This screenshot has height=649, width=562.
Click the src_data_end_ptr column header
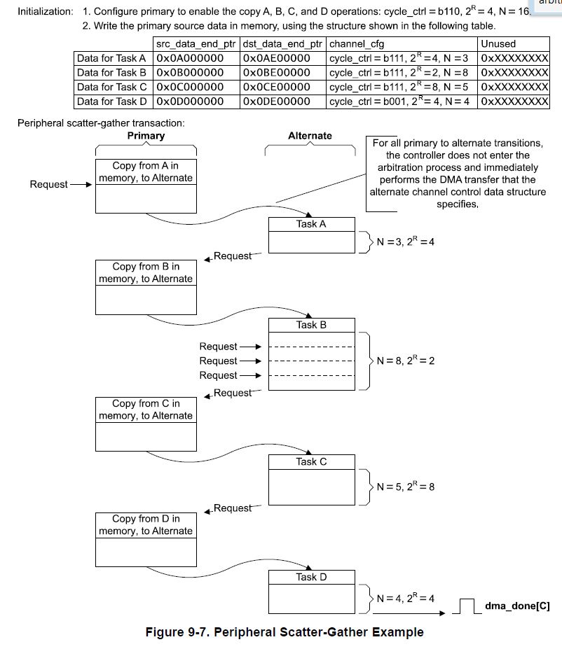(x=196, y=44)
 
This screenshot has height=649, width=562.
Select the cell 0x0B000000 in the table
(x=191, y=72)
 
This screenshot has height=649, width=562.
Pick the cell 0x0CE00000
(x=277, y=87)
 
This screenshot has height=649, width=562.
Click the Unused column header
(x=498, y=44)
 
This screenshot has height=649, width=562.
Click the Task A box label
(x=311, y=224)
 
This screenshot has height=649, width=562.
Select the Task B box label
(x=311, y=325)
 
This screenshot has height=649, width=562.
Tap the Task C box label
(x=311, y=461)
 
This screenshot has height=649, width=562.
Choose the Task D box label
(x=311, y=577)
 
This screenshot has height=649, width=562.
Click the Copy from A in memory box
(x=146, y=172)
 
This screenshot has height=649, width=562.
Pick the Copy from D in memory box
(x=146, y=524)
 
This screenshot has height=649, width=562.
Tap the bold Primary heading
(x=146, y=136)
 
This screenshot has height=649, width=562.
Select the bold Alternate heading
(x=310, y=136)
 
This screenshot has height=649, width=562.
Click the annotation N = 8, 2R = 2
(x=406, y=361)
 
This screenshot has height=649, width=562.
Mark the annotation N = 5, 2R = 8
(x=406, y=487)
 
